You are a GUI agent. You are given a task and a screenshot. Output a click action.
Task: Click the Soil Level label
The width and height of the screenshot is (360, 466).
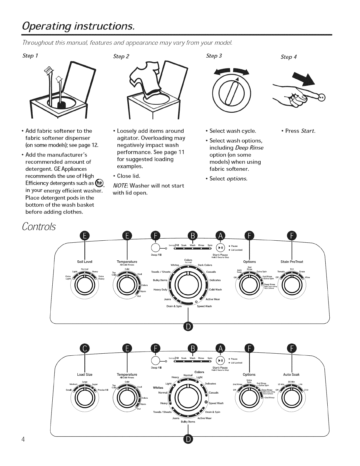[85, 262]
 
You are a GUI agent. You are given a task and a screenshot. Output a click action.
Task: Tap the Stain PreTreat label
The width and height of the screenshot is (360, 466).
[292, 262]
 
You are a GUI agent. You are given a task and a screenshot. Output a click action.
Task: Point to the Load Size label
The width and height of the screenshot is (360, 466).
[85, 375]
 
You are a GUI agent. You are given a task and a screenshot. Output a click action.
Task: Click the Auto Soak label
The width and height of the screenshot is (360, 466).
[291, 375]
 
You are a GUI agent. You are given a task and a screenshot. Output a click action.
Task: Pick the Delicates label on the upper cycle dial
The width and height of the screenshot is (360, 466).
[215, 280]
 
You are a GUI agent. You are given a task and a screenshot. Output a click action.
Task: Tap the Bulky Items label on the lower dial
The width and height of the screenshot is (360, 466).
[188, 422]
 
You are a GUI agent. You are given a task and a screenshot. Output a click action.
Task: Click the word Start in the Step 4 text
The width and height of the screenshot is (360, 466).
[308, 131]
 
